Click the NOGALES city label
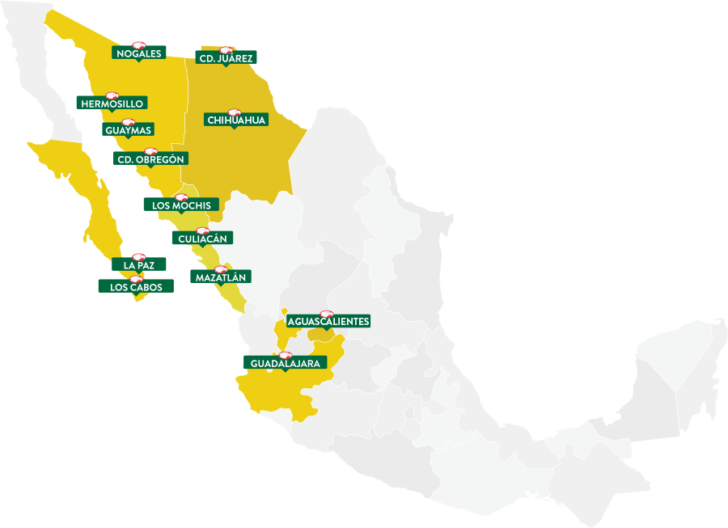[x=139, y=53]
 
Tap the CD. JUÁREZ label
[x=226, y=57]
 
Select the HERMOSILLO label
[x=112, y=103]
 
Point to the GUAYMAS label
[x=129, y=130]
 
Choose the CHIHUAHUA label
[x=236, y=120]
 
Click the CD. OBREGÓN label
[x=152, y=159]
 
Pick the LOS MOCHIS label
[x=181, y=205]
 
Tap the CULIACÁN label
[x=202, y=239]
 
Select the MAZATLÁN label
[x=221, y=277]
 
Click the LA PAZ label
[x=139, y=264]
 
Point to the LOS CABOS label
[x=136, y=287]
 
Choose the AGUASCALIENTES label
[x=328, y=322]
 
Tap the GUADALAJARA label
[x=285, y=364]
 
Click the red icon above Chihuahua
[x=235, y=112]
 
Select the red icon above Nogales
[x=138, y=45]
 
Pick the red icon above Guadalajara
[x=285, y=355]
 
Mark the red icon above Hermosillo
[x=112, y=95]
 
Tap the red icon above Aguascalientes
[x=327, y=314]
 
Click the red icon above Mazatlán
[x=221, y=269]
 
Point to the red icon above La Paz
[x=138, y=256]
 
